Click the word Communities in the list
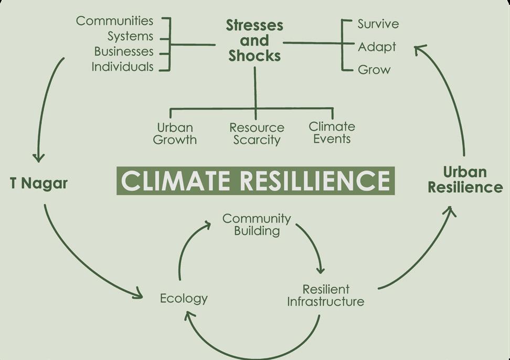click(114, 21)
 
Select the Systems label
click(130, 36)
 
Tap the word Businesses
click(124, 51)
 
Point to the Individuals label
click(122, 67)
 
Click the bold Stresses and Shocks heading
click(254, 40)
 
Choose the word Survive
click(378, 24)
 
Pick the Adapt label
click(377, 47)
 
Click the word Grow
click(374, 69)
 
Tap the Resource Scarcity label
click(257, 133)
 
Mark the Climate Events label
click(332, 132)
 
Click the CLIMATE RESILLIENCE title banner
click(255, 181)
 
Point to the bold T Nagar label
click(39, 184)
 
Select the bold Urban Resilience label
click(465, 179)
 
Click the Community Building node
click(257, 224)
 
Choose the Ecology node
click(184, 299)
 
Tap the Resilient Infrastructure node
click(325, 295)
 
